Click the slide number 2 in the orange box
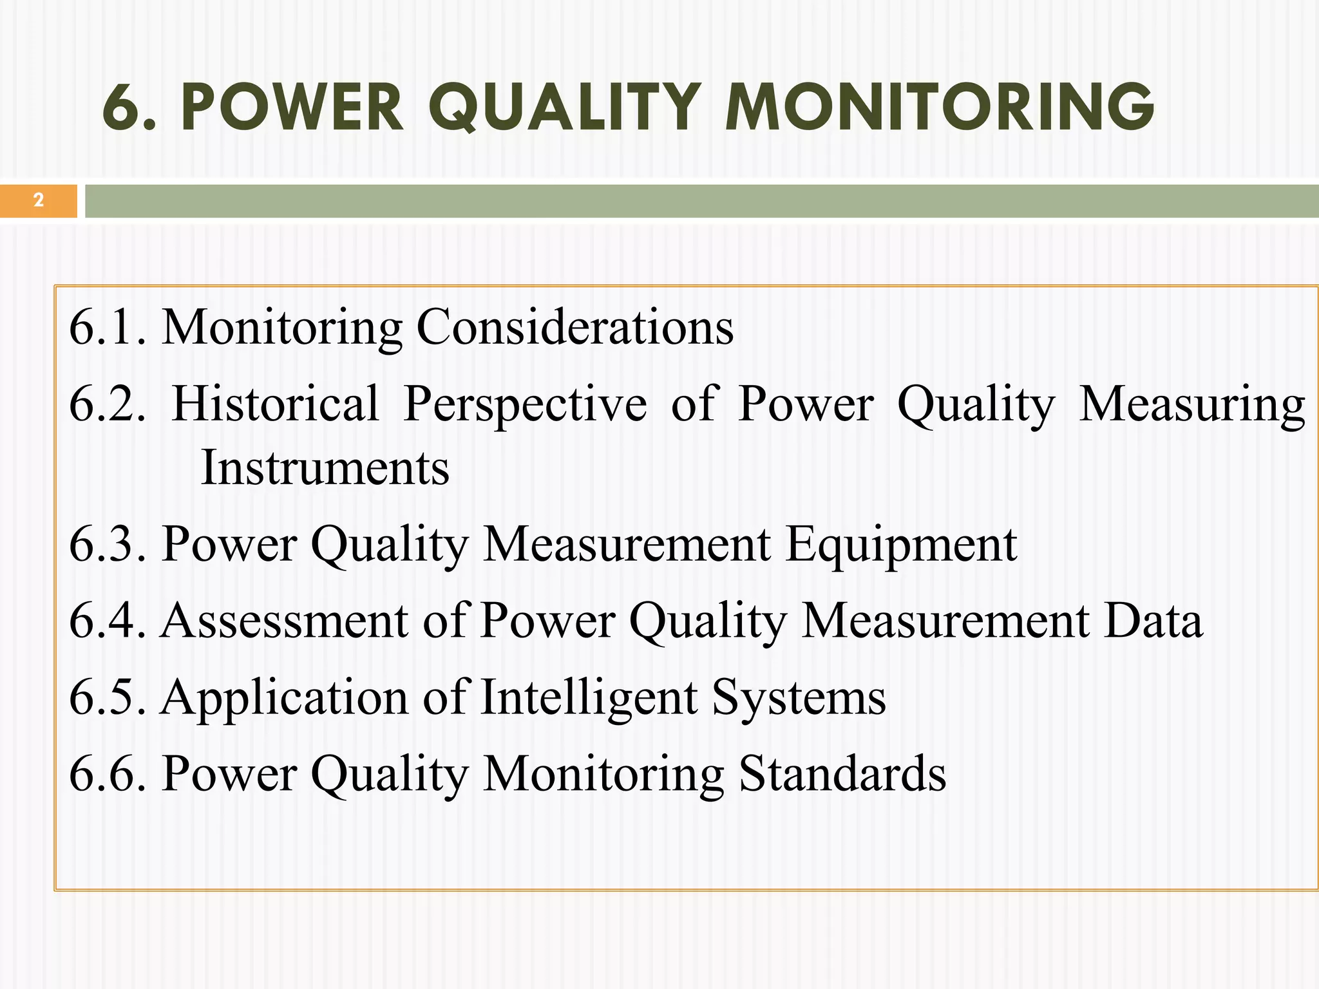pyautogui.click(x=39, y=200)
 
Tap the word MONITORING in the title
pyautogui.click(x=939, y=108)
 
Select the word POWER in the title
pyautogui.click(x=292, y=108)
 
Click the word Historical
pyautogui.click(x=276, y=404)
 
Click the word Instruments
pyautogui.click(x=325, y=467)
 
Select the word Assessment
pyautogui.click(x=284, y=621)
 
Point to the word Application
pyautogui.click(x=284, y=698)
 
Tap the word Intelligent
pyautogui.click(x=589, y=698)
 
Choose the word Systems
pyautogui.click(x=799, y=698)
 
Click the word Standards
pyautogui.click(x=842, y=773)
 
